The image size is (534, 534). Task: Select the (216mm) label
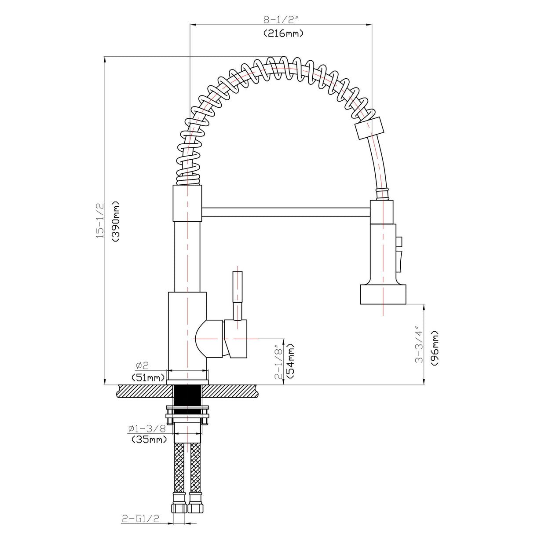(x=283, y=33)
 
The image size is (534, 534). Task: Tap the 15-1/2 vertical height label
(x=101, y=221)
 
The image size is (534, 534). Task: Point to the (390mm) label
(x=116, y=222)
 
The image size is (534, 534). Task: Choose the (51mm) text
(x=149, y=377)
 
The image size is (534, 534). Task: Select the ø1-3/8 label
(x=147, y=428)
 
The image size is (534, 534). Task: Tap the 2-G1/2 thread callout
(x=140, y=519)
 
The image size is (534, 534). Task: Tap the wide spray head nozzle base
(x=383, y=294)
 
